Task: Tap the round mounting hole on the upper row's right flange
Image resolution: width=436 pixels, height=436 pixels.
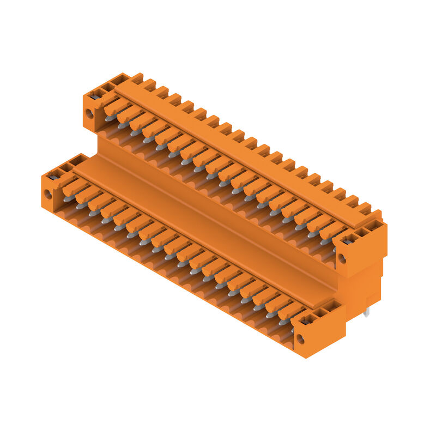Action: coord(342,259)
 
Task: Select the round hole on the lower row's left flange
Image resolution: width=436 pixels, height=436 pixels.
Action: coord(48,193)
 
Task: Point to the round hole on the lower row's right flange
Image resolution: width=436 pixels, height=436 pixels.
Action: coord(300,340)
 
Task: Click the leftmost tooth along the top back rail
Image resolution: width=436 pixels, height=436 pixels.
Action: coord(136,77)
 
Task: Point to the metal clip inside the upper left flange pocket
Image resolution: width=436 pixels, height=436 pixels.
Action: coord(95,96)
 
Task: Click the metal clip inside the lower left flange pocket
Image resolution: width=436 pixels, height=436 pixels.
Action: coord(53,176)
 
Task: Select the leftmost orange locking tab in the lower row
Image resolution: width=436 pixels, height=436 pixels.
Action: coord(74,187)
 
